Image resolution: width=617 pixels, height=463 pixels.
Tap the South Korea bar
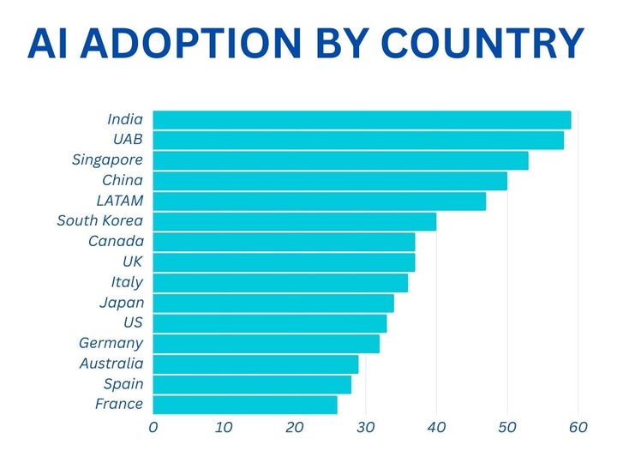coord(294,221)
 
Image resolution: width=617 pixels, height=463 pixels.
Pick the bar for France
coord(244,405)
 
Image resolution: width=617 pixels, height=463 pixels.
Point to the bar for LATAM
coord(319,201)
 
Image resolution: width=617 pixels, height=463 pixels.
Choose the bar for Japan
coord(273,303)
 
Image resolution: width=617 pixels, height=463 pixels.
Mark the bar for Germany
coord(266,344)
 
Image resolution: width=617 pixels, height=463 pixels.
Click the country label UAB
coord(128,140)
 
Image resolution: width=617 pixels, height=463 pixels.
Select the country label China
coord(123,181)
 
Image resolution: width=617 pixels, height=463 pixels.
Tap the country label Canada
coord(116,242)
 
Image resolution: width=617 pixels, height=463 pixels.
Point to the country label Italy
coord(126,282)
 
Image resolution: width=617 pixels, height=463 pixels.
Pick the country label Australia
coord(111,364)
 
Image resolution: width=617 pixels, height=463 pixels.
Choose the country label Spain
coord(123,384)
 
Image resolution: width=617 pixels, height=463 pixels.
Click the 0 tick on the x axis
coord(153,427)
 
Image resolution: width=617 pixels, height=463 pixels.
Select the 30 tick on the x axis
coord(366,427)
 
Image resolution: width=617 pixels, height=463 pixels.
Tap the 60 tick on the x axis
coord(578,427)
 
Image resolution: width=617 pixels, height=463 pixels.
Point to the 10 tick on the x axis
coord(224,427)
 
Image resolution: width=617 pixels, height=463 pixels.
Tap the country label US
coord(133,323)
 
